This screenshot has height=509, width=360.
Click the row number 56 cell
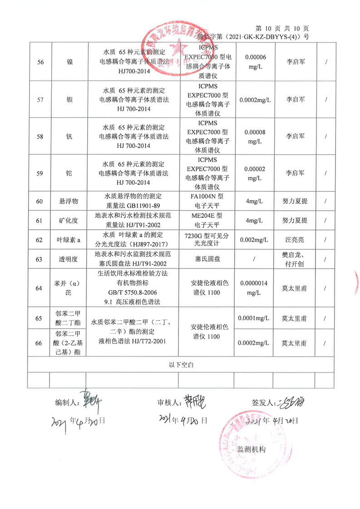[39, 62]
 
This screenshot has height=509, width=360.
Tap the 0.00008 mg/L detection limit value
[255, 136]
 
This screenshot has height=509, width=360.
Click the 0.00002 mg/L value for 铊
[255, 173]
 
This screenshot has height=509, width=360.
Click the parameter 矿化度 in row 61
[69, 221]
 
